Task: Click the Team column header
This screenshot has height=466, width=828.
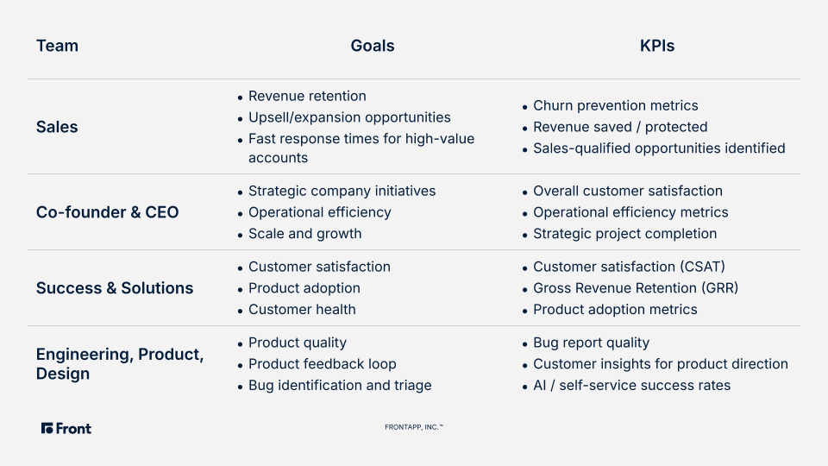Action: tap(57, 46)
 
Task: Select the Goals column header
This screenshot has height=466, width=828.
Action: tap(373, 46)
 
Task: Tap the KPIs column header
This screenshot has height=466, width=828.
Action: tap(657, 46)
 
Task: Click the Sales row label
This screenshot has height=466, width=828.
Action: tap(57, 127)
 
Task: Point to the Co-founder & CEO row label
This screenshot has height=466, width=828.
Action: tap(107, 212)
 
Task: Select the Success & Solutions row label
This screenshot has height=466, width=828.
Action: tap(115, 288)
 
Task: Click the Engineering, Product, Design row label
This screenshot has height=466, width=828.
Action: tap(120, 363)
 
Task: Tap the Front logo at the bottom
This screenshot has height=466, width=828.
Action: tap(66, 429)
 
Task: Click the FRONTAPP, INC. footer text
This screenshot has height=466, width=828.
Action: tap(414, 427)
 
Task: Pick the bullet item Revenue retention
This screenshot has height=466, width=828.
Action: tap(307, 96)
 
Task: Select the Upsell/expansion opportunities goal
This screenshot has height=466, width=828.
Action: tap(349, 117)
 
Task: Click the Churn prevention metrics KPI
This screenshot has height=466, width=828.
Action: tap(615, 105)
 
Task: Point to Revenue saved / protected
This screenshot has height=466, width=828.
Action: tap(620, 127)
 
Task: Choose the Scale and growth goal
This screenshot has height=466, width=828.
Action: tap(305, 234)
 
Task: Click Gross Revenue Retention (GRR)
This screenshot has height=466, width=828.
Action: tap(636, 288)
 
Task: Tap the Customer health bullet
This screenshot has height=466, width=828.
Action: tap(302, 310)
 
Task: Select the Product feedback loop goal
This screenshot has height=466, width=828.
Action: tap(322, 364)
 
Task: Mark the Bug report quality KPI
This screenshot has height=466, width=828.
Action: tap(592, 343)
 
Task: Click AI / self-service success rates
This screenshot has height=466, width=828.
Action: tap(631, 385)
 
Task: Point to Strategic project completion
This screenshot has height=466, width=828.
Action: tap(624, 234)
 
